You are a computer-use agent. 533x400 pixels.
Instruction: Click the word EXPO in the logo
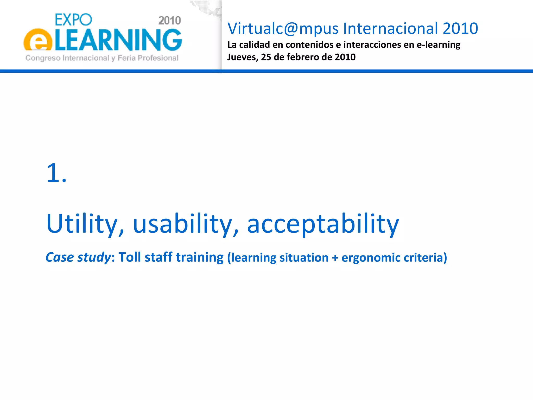click(x=73, y=20)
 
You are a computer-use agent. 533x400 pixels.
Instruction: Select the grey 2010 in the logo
click(x=169, y=21)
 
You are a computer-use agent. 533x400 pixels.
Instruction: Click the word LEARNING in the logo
click(x=119, y=40)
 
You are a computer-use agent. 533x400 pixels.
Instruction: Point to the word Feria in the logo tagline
click(x=126, y=58)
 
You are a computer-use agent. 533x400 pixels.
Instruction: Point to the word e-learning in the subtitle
click(x=439, y=45)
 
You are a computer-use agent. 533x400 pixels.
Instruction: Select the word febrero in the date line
click(x=303, y=57)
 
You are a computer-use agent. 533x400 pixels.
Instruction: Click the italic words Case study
click(x=78, y=257)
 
